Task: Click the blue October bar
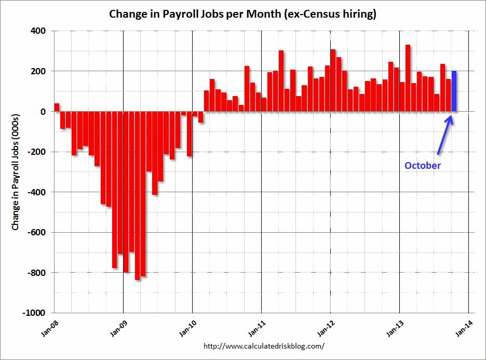pyautogui.click(x=454, y=91)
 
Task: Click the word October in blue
pyautogui.click(x=423, y=166)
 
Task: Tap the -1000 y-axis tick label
pyautogui.click(x=36, y=313)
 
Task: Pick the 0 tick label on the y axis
pyautogui.click(x=44, y=112)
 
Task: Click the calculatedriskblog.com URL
pyautogui.click(x=264, y=345)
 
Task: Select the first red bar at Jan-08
pyautogui.click(x=57, y=108)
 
